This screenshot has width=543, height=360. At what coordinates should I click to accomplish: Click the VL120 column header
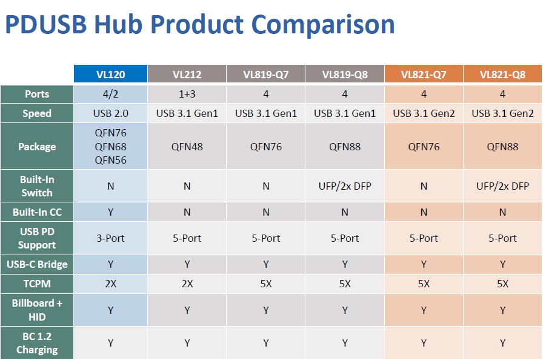tap(110, 74)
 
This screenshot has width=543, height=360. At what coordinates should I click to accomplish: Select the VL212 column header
tap(187, 74)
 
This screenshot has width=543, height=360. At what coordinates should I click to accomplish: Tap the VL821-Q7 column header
tap(424, 74)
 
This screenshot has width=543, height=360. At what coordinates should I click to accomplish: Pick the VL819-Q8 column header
tap(345, 74)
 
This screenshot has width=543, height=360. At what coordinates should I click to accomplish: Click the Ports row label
tap(37, 94)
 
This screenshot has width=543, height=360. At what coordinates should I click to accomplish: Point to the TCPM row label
tap(37, 284)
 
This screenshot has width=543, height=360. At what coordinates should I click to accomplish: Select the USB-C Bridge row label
tap(37, 264)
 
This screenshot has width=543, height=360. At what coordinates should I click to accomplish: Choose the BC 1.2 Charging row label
tap(37, 343)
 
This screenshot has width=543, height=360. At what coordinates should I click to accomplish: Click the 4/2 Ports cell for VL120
tap(110, 94)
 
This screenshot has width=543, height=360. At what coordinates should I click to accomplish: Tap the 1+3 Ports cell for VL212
tap(187, 94)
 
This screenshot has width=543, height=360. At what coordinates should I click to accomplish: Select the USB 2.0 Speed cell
tap(110, 113)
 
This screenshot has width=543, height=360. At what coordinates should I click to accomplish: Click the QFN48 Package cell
tap(187, 147)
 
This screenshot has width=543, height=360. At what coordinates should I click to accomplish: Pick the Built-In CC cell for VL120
tap(110, 212)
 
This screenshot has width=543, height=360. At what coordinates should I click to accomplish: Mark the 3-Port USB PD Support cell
tap(110, 238)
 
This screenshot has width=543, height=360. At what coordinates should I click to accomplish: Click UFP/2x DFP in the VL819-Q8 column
tap(345, 186)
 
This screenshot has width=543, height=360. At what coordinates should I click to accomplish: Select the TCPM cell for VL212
tap(187, 284)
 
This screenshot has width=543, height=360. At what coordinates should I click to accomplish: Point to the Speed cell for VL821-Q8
tap(502, 113)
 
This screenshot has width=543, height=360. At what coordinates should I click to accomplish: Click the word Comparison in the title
tap(323, 25)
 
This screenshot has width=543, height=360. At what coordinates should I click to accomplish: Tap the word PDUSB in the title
tap(46, 24)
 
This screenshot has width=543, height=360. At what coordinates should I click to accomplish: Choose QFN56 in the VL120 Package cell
tap(110, 160)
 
